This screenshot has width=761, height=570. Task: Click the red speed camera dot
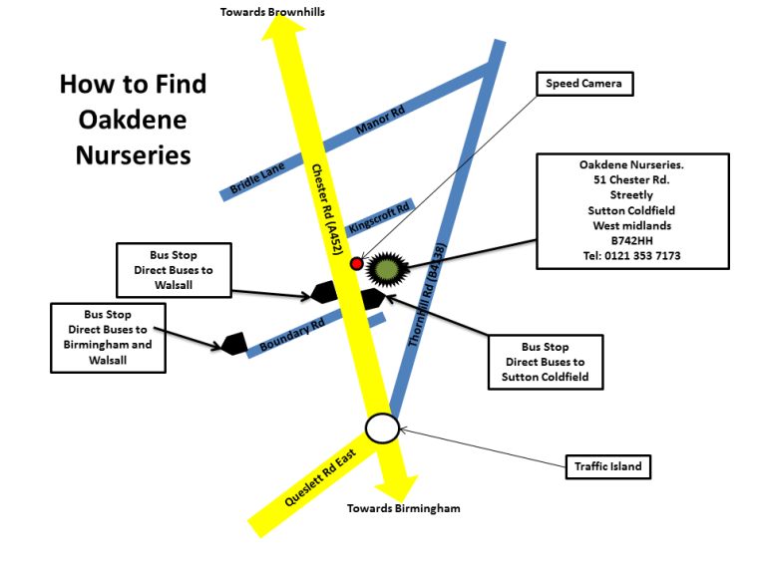pos(356,264)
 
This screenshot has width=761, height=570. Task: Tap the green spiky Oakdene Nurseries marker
pos(386,269)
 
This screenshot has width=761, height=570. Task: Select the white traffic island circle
pos(382,427)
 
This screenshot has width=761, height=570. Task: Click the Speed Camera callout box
pos(583,84)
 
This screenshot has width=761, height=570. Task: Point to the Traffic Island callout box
pos(608,465)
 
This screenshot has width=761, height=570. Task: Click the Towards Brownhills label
pos(272,12)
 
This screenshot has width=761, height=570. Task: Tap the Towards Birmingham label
pos(404,508)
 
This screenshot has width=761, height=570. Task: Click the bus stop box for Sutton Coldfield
pos(546,362)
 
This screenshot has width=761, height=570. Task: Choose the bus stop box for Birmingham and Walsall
pos(108,338)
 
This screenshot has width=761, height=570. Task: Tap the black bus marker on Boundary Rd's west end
pos(233,343)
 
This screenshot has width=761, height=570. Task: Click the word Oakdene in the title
pos(133,120)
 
